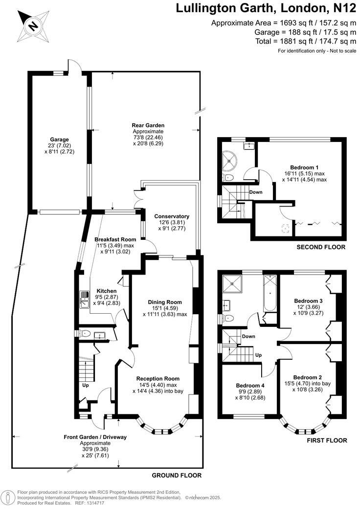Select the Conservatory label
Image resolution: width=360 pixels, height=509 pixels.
pos(171,216)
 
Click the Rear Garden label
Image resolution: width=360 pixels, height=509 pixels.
pos(148,125)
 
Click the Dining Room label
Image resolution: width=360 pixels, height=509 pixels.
pos(164,302)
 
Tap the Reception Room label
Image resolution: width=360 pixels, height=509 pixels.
pos(157,378)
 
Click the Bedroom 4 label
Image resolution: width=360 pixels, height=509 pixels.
pos(250,385)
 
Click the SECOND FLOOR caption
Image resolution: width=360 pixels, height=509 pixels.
pos(321,247)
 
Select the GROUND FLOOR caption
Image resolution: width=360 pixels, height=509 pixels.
pos(177,475)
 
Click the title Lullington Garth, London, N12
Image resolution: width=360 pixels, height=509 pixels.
pos(266,8)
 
